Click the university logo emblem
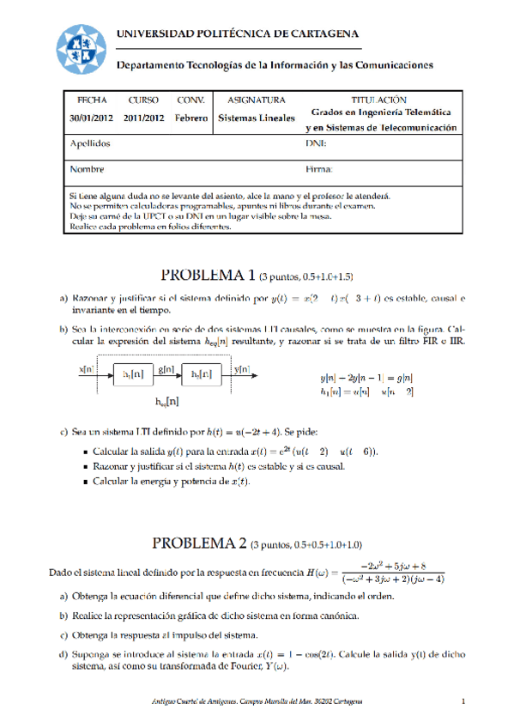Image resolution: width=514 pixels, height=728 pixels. pyautogui.click(x=82, y=50)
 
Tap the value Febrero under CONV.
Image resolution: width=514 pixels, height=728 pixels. pyautogui.click(x=190, y=118)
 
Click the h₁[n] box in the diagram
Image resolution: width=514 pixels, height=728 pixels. pyautogui.click(x=133, y=373)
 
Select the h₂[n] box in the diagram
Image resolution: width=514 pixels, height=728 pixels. pyautogui.click(x=201, y=373)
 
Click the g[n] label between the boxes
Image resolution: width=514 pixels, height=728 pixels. pyautogui.click(x=166, y=368)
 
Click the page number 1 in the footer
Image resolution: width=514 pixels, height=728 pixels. pyautogui.click(x=463, y=702)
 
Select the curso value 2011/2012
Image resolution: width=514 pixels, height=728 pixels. pyautogui.click(x=143, y=118)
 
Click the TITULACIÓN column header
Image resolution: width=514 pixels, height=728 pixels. pyautogui.click(x=378, y=100)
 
